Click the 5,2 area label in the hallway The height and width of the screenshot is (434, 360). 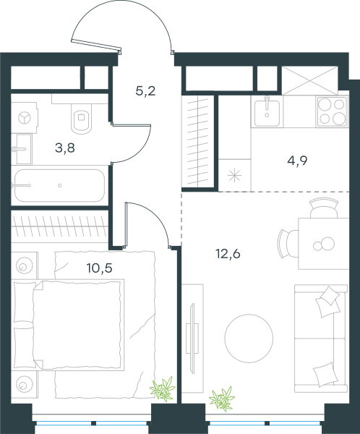[145, 91]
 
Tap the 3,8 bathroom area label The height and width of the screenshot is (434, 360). [65, 148]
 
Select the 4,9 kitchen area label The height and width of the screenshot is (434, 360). [297, 161]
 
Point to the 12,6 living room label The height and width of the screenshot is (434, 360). [228, 254]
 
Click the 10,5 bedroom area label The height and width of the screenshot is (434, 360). [99, 268]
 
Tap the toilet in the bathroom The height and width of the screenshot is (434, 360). [82, 119]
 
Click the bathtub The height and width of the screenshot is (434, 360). [59, 186]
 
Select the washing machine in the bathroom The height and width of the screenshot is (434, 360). [25, 118]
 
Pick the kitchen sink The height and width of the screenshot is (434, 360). [267, 111]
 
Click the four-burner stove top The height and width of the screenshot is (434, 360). [332, 111]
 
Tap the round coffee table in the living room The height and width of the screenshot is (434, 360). [249, 339]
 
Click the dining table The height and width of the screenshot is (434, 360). [323, 244]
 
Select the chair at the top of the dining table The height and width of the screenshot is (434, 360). [324, 208]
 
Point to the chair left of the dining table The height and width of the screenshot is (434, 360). [288, 244]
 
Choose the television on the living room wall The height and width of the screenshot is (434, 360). [192, 338]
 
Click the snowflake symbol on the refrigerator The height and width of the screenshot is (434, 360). [234, 176]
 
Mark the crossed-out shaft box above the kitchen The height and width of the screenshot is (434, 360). [310, 80]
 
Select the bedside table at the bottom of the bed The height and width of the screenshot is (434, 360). [24, 384]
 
